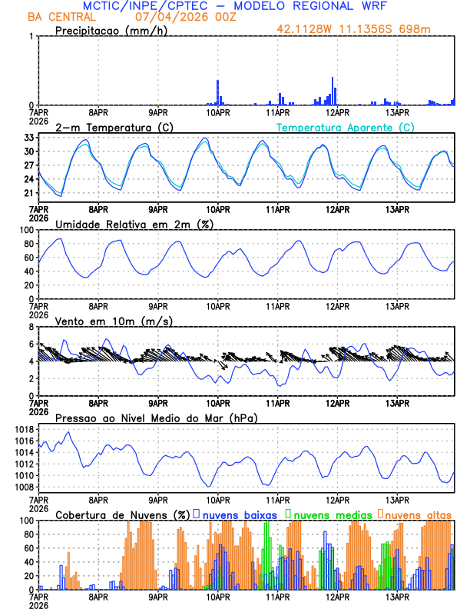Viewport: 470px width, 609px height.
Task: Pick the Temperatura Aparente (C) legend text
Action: [x=345, y=127]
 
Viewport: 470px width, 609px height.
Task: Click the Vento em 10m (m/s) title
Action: [x=114, y=320]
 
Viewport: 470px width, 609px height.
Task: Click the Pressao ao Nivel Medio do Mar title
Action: [x=156, y=418]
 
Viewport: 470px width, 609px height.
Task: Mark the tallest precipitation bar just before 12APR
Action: [x=333, y=92]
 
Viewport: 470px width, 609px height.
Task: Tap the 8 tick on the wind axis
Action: [x=31, y=327]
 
